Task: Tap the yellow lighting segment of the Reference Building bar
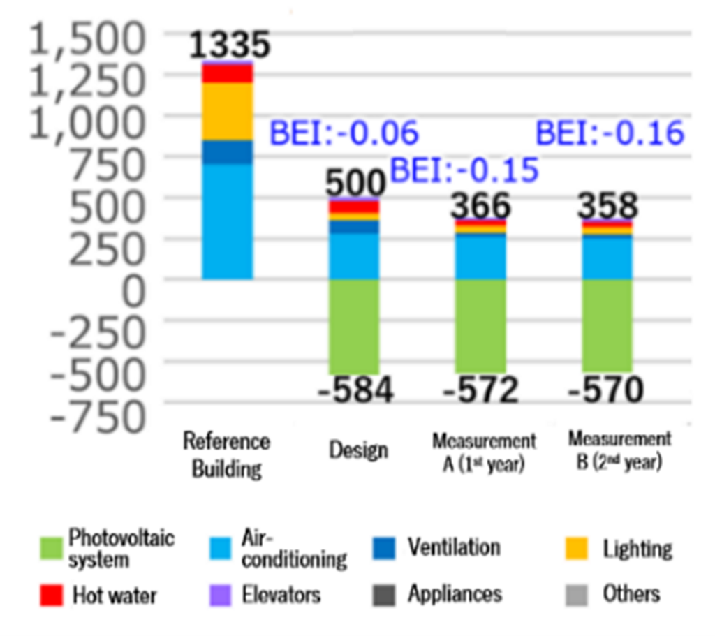[228, 112]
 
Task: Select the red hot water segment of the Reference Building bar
[228, 73]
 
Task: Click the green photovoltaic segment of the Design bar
[354, 326]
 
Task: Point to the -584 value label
[355, 391]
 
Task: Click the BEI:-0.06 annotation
[344, 133]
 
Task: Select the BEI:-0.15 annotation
[464, 170]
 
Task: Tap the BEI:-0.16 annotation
[609, 133]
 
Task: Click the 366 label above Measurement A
[480, 206]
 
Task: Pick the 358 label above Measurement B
[607, 206]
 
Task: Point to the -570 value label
[605, 391]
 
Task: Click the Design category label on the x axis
[358, 450]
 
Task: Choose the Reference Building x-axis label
[226, 455]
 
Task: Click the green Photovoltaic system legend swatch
[52, 549]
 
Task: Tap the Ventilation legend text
[454, 547]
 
